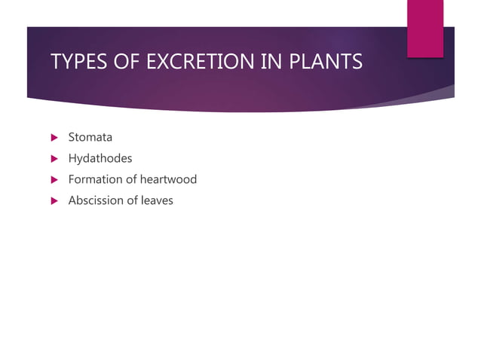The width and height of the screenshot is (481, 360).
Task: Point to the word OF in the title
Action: pos(124,62)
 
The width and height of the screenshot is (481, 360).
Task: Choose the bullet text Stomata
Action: pos(90,137)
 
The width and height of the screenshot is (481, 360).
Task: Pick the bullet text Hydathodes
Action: pos(100,158)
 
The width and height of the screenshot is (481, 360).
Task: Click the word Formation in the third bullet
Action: pos(94,179)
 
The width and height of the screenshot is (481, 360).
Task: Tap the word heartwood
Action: pos(167,179)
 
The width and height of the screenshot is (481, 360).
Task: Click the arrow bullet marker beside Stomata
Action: pos(54,138)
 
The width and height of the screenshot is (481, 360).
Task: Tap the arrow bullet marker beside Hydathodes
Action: pos(54,159)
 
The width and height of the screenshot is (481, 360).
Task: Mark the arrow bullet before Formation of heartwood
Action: pos(54,180)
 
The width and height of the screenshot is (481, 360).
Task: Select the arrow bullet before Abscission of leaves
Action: pos(54,201)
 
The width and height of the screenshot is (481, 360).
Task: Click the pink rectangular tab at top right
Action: pos(425,27)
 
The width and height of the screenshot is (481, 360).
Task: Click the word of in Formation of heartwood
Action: pos(130,179)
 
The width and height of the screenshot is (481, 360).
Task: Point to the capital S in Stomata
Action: pos(72,137)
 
